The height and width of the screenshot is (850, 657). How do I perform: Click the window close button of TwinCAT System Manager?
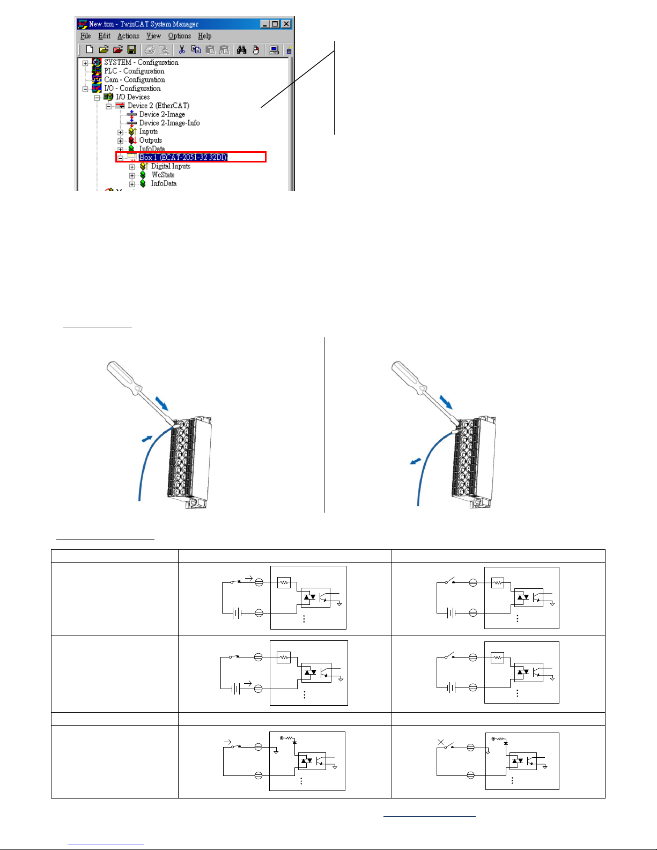286,24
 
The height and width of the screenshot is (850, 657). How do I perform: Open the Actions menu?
128,36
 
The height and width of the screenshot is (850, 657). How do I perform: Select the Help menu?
204,36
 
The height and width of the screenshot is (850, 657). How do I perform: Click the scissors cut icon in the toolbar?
182,50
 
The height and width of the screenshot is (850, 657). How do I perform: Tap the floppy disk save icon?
131,50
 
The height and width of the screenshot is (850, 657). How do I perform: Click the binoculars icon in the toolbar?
242,50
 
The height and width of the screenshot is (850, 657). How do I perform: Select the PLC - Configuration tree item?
134,71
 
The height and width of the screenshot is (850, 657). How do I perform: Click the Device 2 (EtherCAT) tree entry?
158,106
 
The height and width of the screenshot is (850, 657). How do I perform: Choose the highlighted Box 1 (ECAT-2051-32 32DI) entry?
183,157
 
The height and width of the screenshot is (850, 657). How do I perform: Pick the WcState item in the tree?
163,175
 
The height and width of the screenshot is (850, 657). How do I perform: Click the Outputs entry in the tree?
150,140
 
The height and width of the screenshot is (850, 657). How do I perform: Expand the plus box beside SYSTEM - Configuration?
85,63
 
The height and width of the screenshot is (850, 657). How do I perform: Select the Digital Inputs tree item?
171,166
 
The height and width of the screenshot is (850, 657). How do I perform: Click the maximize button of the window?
275,24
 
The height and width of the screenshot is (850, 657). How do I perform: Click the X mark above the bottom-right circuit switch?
441,742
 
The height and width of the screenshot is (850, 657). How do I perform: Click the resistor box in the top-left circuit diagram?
284,582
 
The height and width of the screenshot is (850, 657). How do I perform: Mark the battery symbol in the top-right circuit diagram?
451,612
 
